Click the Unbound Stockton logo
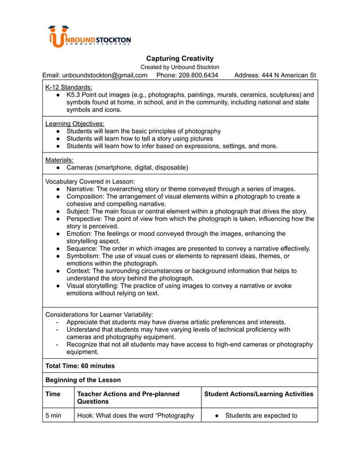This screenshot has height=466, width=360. tap(90, 37)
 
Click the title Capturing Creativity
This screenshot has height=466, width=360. tap(179, 59)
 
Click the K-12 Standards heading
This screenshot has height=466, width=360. tap(68, 87)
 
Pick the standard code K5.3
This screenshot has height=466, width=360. tap(74, 95)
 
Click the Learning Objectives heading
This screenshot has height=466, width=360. tap(74, 124)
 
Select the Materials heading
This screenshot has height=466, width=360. tap(59, 160)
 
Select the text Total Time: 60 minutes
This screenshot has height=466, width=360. tap(80, 366)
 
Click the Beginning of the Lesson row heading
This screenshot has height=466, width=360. tap(82, 380)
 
